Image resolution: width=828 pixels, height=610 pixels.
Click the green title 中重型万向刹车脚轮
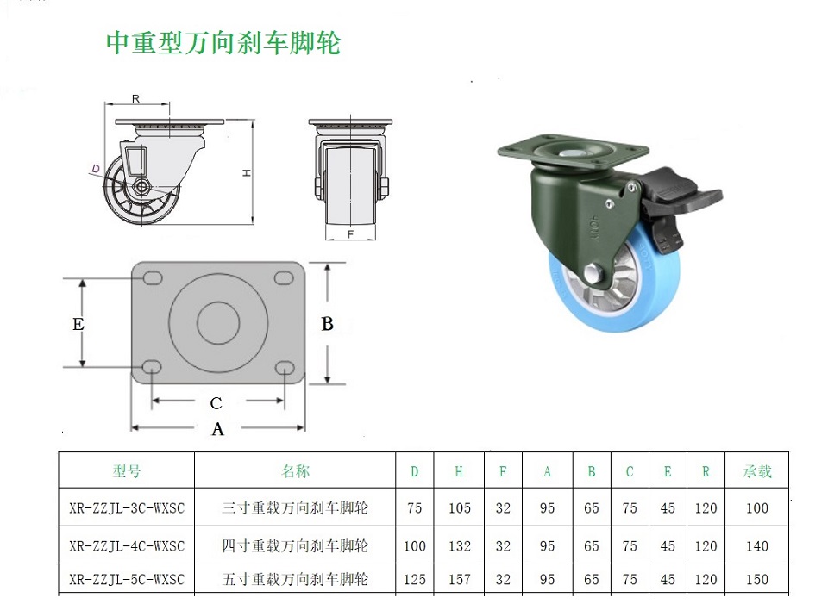point(223,43)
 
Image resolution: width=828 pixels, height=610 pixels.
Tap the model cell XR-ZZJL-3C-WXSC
point(127,508)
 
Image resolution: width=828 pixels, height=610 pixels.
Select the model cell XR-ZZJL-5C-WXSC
point(127,579)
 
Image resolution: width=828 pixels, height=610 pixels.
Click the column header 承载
point(757,471)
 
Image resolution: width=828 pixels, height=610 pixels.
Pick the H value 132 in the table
point(460,546)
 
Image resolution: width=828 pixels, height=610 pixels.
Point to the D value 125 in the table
point(415,579)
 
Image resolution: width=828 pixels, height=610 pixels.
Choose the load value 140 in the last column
point(757,546)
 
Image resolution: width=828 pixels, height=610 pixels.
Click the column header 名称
point(295,471)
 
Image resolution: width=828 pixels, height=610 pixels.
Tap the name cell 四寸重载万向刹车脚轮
point(295,545)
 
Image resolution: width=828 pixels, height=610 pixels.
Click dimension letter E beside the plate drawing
point(78,324)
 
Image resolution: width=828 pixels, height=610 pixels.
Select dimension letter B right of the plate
point(328,324)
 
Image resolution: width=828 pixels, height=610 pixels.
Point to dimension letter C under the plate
point(216,403)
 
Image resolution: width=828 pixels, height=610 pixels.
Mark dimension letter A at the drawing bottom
point(217,430)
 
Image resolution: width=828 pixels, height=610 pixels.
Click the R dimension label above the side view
point(135,99)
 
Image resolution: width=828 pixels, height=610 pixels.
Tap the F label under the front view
point(350,234)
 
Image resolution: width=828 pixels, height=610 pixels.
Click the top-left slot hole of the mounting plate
point(153,278)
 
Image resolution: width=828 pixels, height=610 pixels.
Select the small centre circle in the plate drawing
point(218,322)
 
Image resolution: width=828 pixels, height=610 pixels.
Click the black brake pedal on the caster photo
point(681,200)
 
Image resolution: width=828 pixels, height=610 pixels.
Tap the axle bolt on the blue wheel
point(594,273)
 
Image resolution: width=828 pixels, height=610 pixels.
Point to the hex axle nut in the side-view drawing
point(141,186)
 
